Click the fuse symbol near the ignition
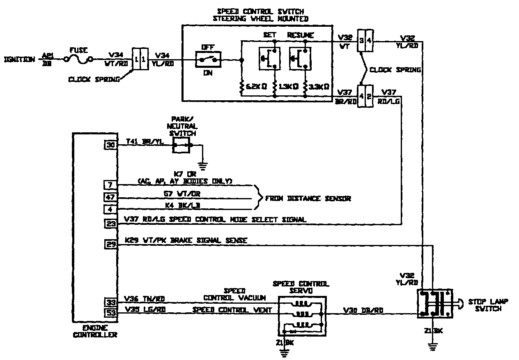coord(78,60)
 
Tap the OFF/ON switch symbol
coord(208,60)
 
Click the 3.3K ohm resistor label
coord(319,87)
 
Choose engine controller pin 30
coord(110,144)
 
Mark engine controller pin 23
coord(110,224)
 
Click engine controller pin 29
coord(110,245)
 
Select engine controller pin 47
coord(110,198)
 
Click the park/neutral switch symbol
coord(181,145)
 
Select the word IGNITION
coord(20,59)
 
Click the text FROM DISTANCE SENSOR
coord(308,198)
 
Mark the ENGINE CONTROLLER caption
coord(94,331)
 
